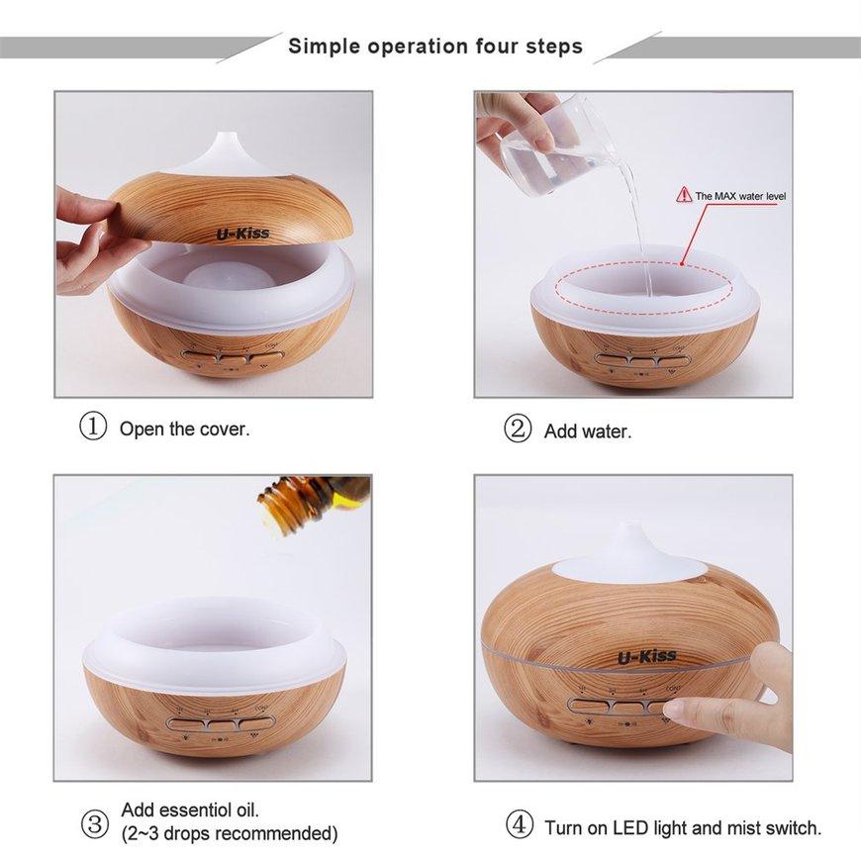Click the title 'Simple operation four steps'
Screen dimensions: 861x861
tap(435, 46)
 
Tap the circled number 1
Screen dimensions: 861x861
tap(92, 428)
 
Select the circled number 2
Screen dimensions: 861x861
tap(518, 430)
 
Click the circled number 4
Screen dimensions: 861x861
tap(518, 824)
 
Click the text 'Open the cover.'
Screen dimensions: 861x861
tap(184, 430)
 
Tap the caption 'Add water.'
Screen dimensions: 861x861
tap(588, 431)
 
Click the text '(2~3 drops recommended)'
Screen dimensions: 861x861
tap(229, 833)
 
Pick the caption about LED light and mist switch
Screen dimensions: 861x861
tap(683, 826)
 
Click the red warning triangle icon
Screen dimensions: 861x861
tap(683, 196)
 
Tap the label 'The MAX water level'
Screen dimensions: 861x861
tap(740, 197)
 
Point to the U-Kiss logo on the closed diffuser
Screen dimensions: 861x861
tap(648, 656)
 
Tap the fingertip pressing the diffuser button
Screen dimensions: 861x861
tap(682, 710)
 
